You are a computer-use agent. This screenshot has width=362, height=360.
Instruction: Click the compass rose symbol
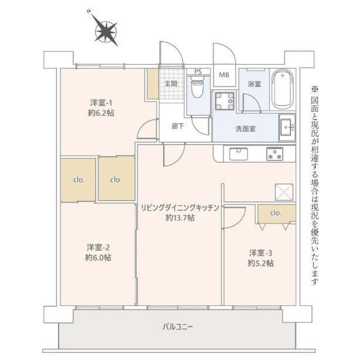106,32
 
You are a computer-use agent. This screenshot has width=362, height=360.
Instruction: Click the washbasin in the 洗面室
287,127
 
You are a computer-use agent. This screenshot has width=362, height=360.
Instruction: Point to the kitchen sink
238,154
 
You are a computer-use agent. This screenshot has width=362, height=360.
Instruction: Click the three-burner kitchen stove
275,154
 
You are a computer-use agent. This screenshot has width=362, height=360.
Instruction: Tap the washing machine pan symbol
224,101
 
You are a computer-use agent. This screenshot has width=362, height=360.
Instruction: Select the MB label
224,75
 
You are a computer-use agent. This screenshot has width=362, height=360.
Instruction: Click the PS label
198,72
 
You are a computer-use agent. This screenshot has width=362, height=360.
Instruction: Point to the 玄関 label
171,83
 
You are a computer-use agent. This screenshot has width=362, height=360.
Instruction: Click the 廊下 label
178,126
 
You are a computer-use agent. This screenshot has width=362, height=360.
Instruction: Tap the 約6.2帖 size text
101,113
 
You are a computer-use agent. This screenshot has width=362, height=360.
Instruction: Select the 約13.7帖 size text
180,218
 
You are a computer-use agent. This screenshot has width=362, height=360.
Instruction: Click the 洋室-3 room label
260,253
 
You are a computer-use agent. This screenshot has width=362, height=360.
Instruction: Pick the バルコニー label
178,327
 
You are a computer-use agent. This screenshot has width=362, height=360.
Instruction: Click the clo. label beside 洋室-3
276,213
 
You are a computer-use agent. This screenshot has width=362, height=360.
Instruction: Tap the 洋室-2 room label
99,247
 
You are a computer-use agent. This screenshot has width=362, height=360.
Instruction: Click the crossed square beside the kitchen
284,192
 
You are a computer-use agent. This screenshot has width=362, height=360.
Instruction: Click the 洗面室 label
245,129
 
